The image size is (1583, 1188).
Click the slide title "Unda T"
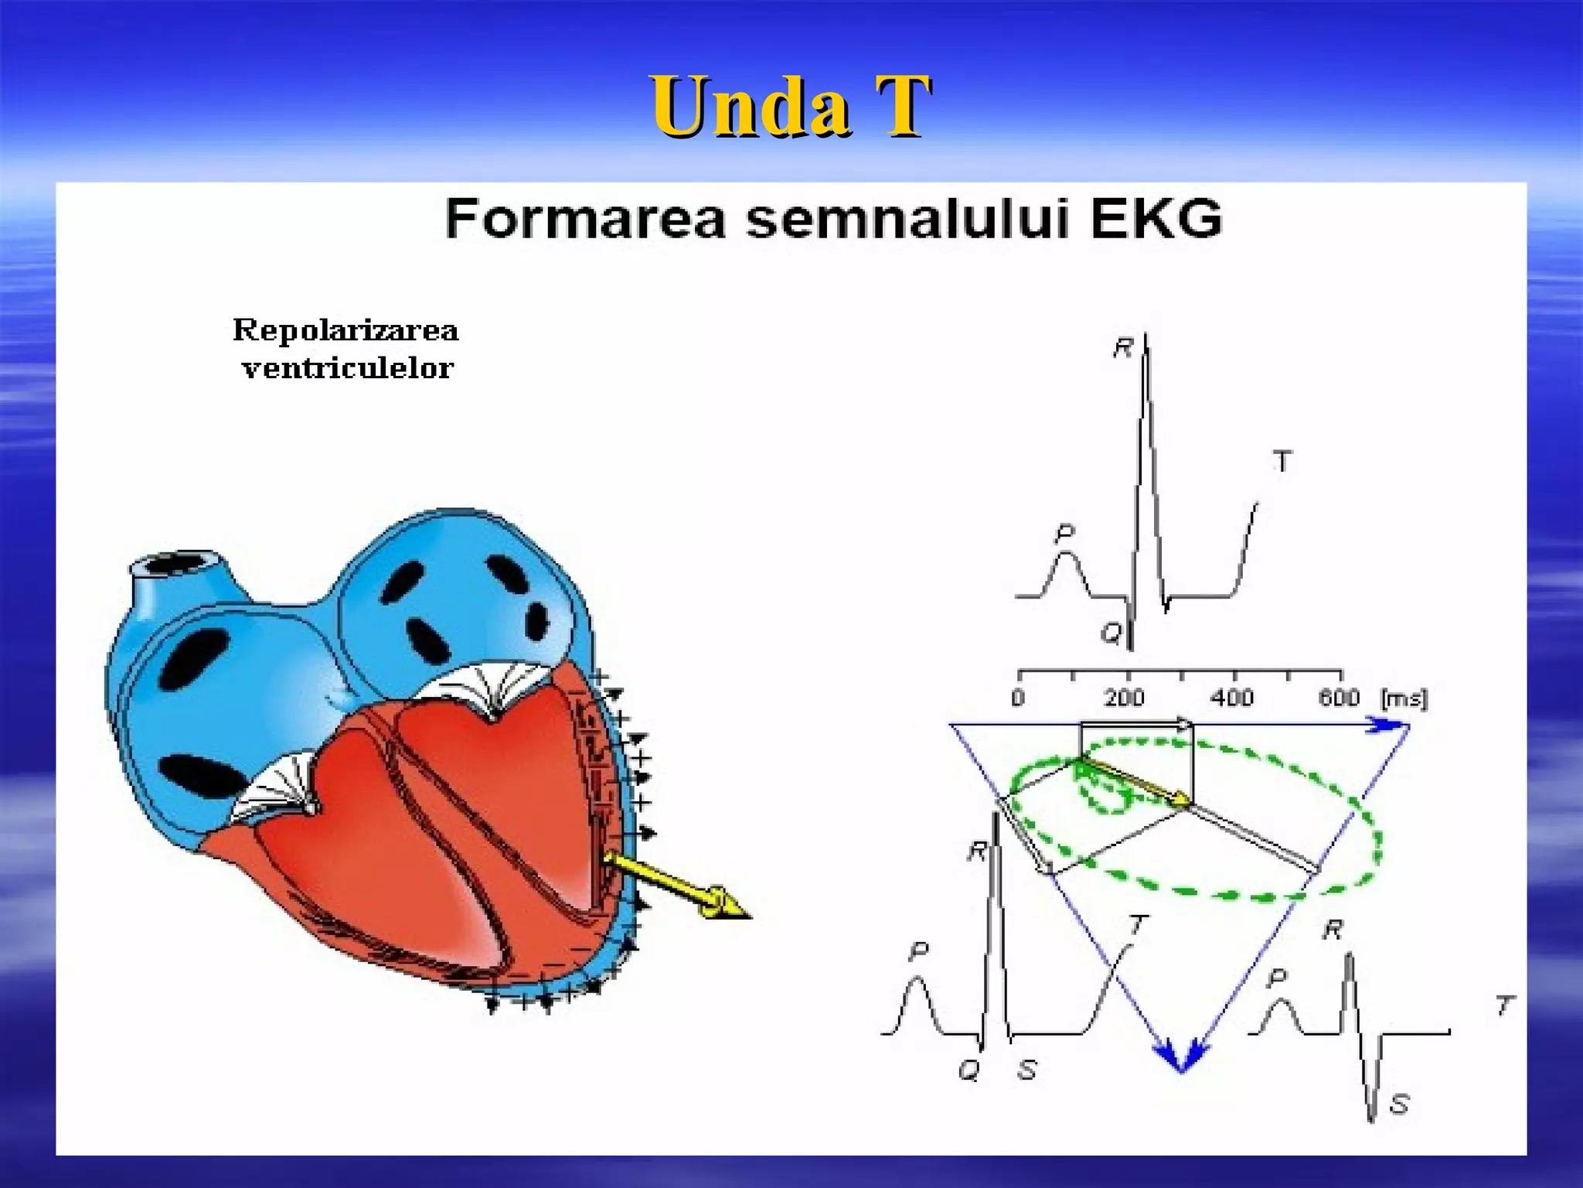(x=790, y=107)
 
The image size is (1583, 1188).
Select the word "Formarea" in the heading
(x=585, y=219)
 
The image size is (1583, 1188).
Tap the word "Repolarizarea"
(x=346, y=330)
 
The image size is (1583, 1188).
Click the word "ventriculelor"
(x=347, y=368)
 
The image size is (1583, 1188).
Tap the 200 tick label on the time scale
(x=1124, y=698)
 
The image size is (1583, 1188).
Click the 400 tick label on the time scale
(x=1231, y=698)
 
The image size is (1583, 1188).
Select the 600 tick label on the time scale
(x=1339, y=698)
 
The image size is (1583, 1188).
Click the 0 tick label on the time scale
(x=1018, y=698)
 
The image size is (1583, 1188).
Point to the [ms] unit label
(x=1404, y=698)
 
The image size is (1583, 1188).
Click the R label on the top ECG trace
(x=1122, y=348)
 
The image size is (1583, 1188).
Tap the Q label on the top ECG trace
(x=1111, y=633)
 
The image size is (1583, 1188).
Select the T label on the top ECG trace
(x=1282, y=462)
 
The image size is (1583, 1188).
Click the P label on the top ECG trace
(x=1065, y=532)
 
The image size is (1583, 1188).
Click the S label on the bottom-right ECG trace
(x=1399, y=1104)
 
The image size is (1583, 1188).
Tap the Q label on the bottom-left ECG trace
(x=969, y=1070)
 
